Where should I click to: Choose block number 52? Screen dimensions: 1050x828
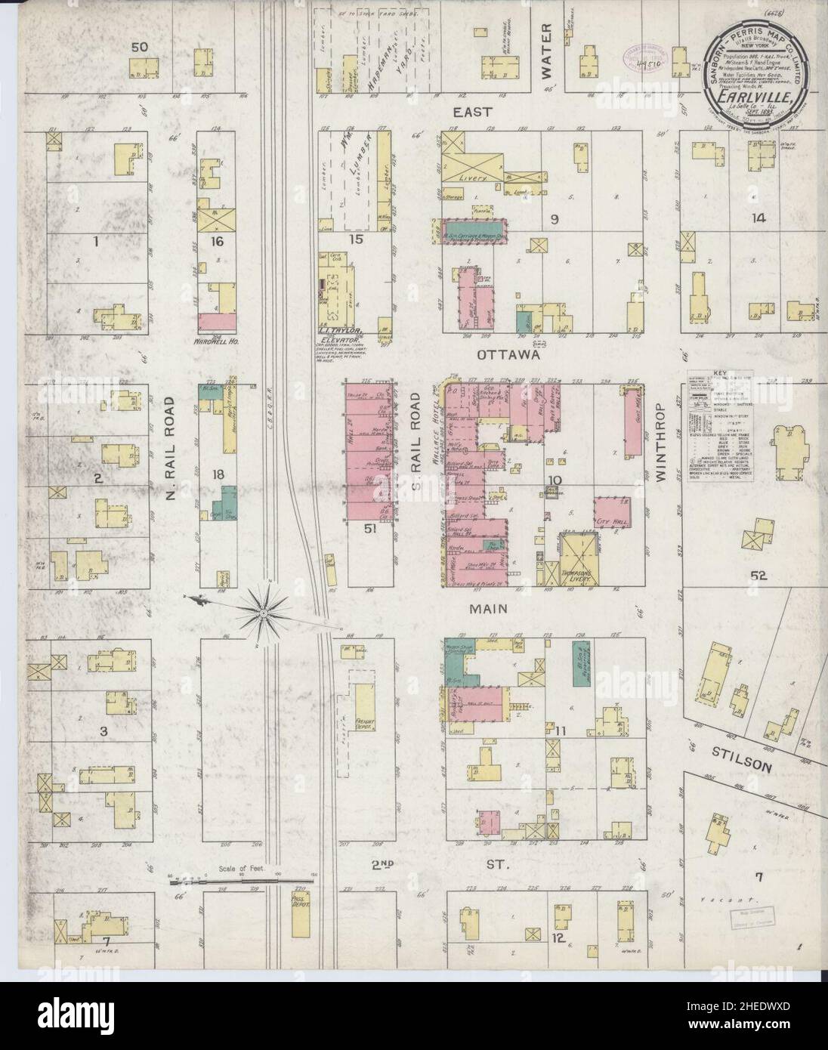[758, 576]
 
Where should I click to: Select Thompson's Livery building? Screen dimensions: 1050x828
[578, 560]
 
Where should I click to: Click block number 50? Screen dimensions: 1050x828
[139, 47]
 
